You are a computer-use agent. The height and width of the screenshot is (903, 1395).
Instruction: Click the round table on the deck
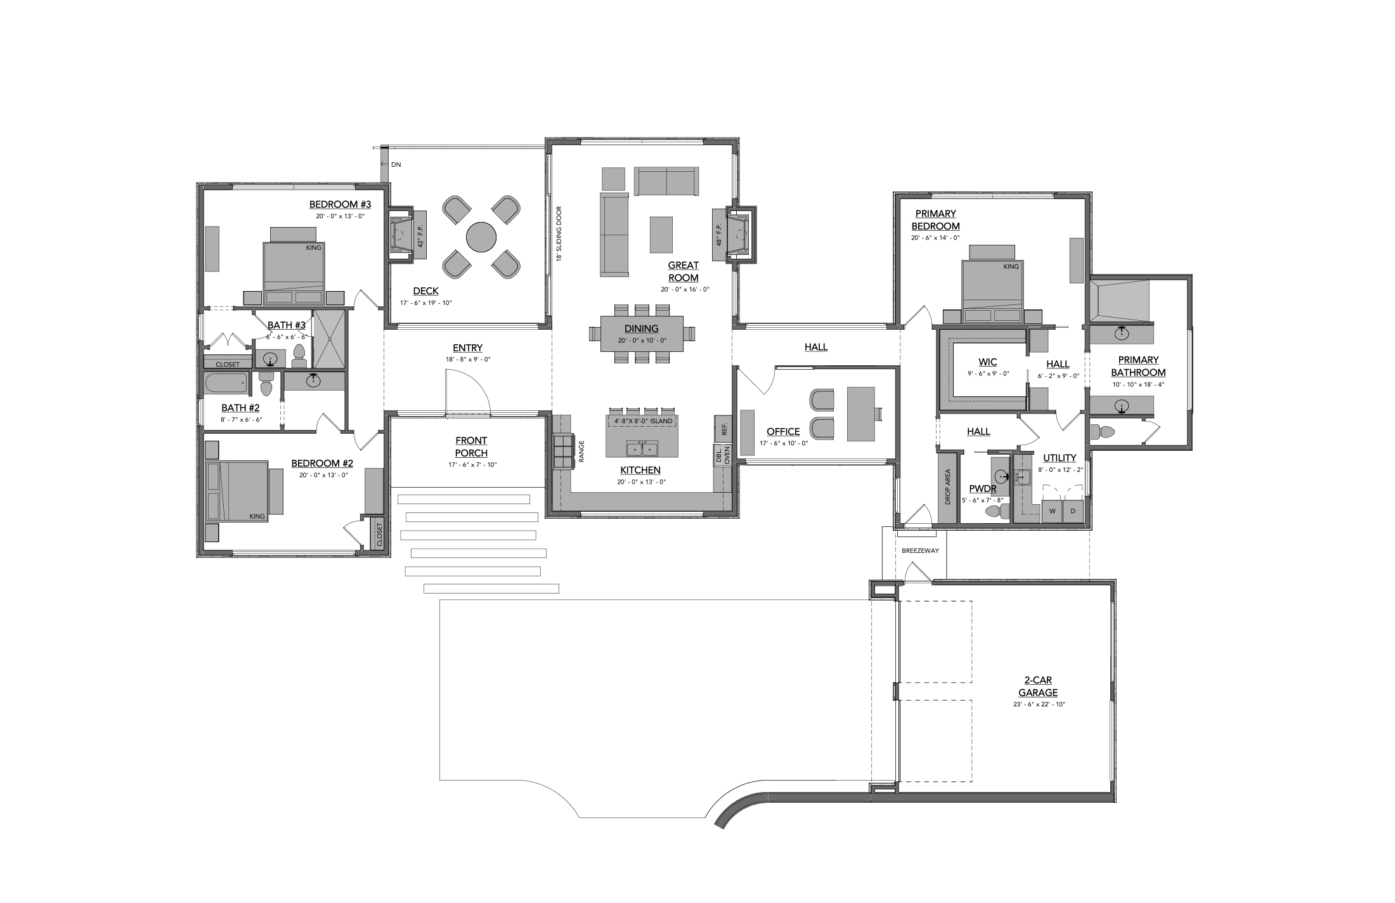click(481, 237)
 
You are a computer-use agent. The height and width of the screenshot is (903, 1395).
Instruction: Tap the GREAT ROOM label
click(683, 271)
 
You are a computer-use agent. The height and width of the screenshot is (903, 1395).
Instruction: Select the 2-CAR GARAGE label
click(1037, 687)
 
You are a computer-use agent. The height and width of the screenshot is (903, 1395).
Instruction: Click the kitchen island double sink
click(642, 449)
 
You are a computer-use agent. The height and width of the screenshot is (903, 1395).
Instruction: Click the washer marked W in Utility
click(1052, 511)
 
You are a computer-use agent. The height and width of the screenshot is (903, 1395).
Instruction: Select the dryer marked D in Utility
click(1073, 511)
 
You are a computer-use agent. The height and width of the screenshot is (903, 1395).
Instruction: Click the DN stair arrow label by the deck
click(396, 165)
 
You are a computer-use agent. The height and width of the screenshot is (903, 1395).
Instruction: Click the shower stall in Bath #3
click(330, 339)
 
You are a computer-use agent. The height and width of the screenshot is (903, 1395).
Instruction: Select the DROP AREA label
click(947, 487)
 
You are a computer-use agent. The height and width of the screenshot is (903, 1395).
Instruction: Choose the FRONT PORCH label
click(471, 446)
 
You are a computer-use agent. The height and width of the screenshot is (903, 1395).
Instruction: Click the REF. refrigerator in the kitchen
click(723, 429)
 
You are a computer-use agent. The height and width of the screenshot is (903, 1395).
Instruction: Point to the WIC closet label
click(987, 362)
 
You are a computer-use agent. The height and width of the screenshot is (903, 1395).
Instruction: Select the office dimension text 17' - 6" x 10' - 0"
click(784, 443)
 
